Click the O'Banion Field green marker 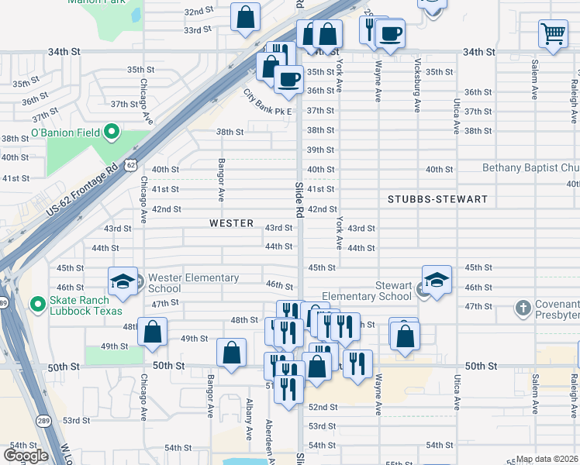point(111,133)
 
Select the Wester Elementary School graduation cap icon point(123,282)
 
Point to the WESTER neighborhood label point(231,223)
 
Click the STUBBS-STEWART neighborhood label point(438,199)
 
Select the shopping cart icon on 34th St point(553,33)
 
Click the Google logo point(26,456)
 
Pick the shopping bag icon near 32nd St point(246,19)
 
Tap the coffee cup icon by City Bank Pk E point(288,81)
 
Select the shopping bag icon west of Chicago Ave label point(154,332)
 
